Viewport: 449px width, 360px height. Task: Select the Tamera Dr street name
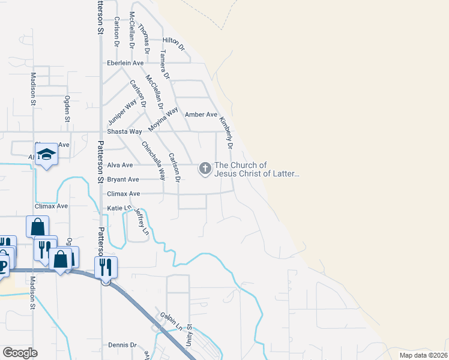pos(164,65)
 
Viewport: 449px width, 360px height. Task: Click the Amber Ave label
pos(201,115)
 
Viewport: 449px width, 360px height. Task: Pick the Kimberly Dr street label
pos(226,133)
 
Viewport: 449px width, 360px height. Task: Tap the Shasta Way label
pos(124,131)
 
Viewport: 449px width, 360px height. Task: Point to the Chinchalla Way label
pos(153,161)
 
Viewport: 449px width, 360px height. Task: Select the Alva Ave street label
pos(119,165)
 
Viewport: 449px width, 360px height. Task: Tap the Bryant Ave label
pos(122,179)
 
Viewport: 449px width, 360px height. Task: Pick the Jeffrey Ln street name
pos(142,221)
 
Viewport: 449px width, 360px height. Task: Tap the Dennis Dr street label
pos(123,346)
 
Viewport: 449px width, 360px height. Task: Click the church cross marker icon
pos(205,169)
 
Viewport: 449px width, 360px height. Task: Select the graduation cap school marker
pos(46,154)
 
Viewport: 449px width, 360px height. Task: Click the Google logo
pos(20,352)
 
